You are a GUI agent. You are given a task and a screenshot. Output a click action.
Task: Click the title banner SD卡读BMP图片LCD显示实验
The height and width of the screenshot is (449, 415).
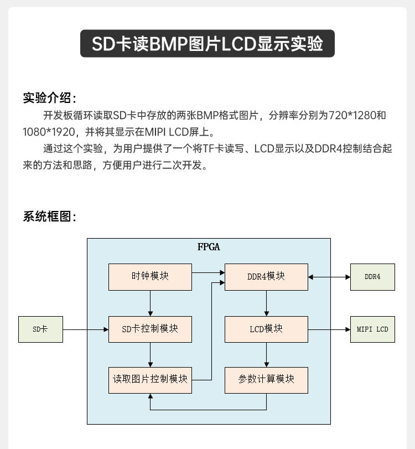207,44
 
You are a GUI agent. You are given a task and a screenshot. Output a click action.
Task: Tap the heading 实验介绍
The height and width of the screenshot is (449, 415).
49,98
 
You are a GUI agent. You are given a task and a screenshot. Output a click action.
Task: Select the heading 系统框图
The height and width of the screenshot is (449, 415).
49,216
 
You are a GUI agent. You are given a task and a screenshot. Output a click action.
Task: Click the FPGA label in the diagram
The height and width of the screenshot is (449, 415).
209,247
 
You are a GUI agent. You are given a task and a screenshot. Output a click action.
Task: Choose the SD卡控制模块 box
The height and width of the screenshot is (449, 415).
150,329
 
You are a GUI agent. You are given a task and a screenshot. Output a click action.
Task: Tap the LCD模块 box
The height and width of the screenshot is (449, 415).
266,329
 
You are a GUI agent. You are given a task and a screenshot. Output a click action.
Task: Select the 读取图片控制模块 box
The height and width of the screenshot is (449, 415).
150,380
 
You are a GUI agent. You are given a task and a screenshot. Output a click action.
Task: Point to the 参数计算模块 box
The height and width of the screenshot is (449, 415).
266,380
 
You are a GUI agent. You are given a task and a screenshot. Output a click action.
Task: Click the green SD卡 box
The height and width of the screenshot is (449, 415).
40,329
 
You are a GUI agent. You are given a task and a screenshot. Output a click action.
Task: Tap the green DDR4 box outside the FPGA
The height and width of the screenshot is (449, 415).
372,276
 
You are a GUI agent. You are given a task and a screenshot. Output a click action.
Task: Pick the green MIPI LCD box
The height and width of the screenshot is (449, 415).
372,329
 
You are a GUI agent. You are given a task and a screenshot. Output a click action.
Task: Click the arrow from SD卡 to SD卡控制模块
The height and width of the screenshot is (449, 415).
85,329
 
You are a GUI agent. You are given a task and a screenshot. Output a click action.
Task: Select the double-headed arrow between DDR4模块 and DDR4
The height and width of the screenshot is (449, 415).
329,276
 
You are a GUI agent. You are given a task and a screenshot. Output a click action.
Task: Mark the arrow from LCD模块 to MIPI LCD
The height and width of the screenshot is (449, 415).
329,329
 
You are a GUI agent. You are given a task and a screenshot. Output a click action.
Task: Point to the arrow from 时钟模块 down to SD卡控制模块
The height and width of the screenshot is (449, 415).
150,303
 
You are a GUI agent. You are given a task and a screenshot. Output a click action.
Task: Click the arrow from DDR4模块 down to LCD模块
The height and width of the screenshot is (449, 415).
267,303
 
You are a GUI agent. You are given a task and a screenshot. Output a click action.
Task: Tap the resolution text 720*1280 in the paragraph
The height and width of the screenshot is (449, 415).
351,116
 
